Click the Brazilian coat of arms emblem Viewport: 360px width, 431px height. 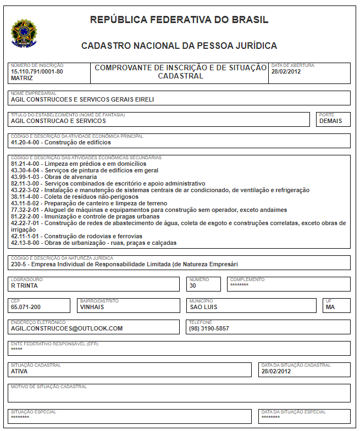point(23,33)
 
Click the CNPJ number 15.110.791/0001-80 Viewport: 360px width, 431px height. point(37,72)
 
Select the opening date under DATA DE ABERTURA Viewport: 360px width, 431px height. point(286,72)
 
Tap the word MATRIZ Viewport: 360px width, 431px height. point(22,79)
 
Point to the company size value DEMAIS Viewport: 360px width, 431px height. point(330,121)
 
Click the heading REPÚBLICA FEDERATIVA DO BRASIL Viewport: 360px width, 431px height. point(179,20)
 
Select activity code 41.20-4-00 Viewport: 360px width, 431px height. point(25,142)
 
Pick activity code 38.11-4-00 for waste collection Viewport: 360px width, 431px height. point(25,197)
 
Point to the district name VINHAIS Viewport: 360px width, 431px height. point(92,307)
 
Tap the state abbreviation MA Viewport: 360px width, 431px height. point(330,307)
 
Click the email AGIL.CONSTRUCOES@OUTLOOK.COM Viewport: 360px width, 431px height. point(67,328)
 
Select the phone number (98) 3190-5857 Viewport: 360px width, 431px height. point(209,328)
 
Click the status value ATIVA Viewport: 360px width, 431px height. point(19,371)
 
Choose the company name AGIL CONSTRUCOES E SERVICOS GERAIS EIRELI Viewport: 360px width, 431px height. point(82,100)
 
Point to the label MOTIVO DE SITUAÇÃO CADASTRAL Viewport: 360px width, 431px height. point(49,387)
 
